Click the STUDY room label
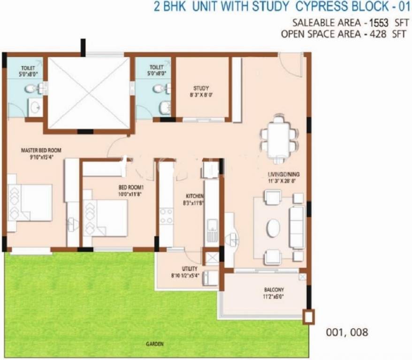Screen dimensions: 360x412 click(x=201, y=88)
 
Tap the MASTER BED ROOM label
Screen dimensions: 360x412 click(x=41, y=150)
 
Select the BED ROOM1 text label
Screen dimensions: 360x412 click(x=130, y=187)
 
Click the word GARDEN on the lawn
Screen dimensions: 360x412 click(x=154, y=344)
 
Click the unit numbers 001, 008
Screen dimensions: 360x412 click(x=347, y=332)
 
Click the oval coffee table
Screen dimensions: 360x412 click(x=273, y=228)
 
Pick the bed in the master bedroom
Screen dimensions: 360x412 click(x=30, y=203)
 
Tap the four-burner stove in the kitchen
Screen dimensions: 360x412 click(x=166, y=216)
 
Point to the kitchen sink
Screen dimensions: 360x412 click(x=212, y=230)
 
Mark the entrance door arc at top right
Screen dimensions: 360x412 click(x=290, y=61)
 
